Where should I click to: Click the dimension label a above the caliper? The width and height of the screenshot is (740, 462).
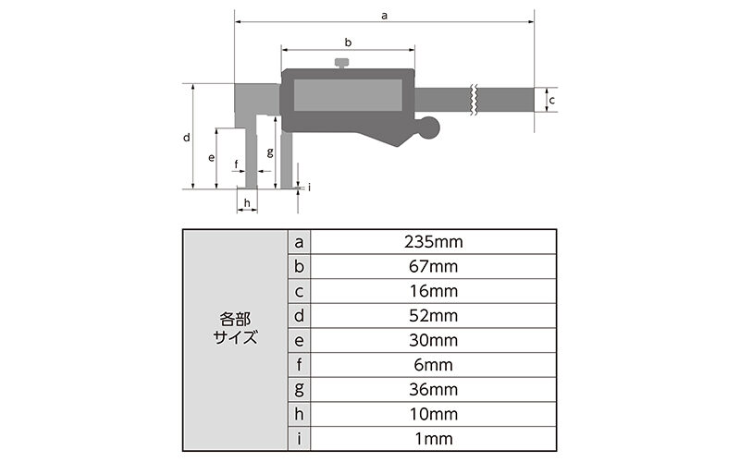click(384, 15)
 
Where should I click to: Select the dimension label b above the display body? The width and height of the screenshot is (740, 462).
click(348, 43)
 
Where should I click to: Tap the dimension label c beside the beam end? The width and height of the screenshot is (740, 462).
click(551, 99)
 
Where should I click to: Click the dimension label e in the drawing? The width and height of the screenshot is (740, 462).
click(212, 158)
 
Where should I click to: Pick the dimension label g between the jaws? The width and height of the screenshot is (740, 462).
click(269, 152)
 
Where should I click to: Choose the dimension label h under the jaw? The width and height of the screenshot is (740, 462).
click(246, 201)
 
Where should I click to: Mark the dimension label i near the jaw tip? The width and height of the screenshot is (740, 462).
click(309, 187)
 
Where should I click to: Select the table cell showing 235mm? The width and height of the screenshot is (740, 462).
click(433, 242)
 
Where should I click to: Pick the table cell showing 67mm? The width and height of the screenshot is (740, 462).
click(433, 267)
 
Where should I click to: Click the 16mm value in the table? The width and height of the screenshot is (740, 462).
click(433, 291)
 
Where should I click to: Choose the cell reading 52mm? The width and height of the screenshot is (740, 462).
click(433, 316)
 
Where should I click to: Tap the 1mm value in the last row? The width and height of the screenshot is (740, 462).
click(433, 438)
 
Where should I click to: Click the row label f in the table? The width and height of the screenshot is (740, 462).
click(299, 365)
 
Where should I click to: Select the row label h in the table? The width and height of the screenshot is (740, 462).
click(299, 414)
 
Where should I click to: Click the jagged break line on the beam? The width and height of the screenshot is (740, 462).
click(473, 99)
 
